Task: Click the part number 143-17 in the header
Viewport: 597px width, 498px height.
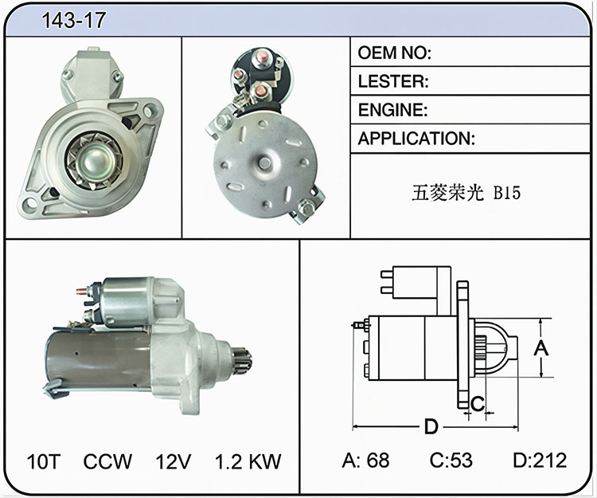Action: (73, 20)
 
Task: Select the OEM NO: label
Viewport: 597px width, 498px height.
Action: (395, 53)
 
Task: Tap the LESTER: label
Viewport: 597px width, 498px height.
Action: (393, 81)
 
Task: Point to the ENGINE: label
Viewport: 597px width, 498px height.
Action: (392, 110)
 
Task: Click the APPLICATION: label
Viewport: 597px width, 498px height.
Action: (416, 139)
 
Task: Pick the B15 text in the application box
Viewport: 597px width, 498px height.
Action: (507, 192)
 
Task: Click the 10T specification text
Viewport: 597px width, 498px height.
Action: (44, 461)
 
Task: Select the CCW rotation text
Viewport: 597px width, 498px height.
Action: (107, 461)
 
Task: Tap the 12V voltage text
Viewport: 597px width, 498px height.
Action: (173, 461)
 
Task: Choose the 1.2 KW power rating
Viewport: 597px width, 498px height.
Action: (248, 461)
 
